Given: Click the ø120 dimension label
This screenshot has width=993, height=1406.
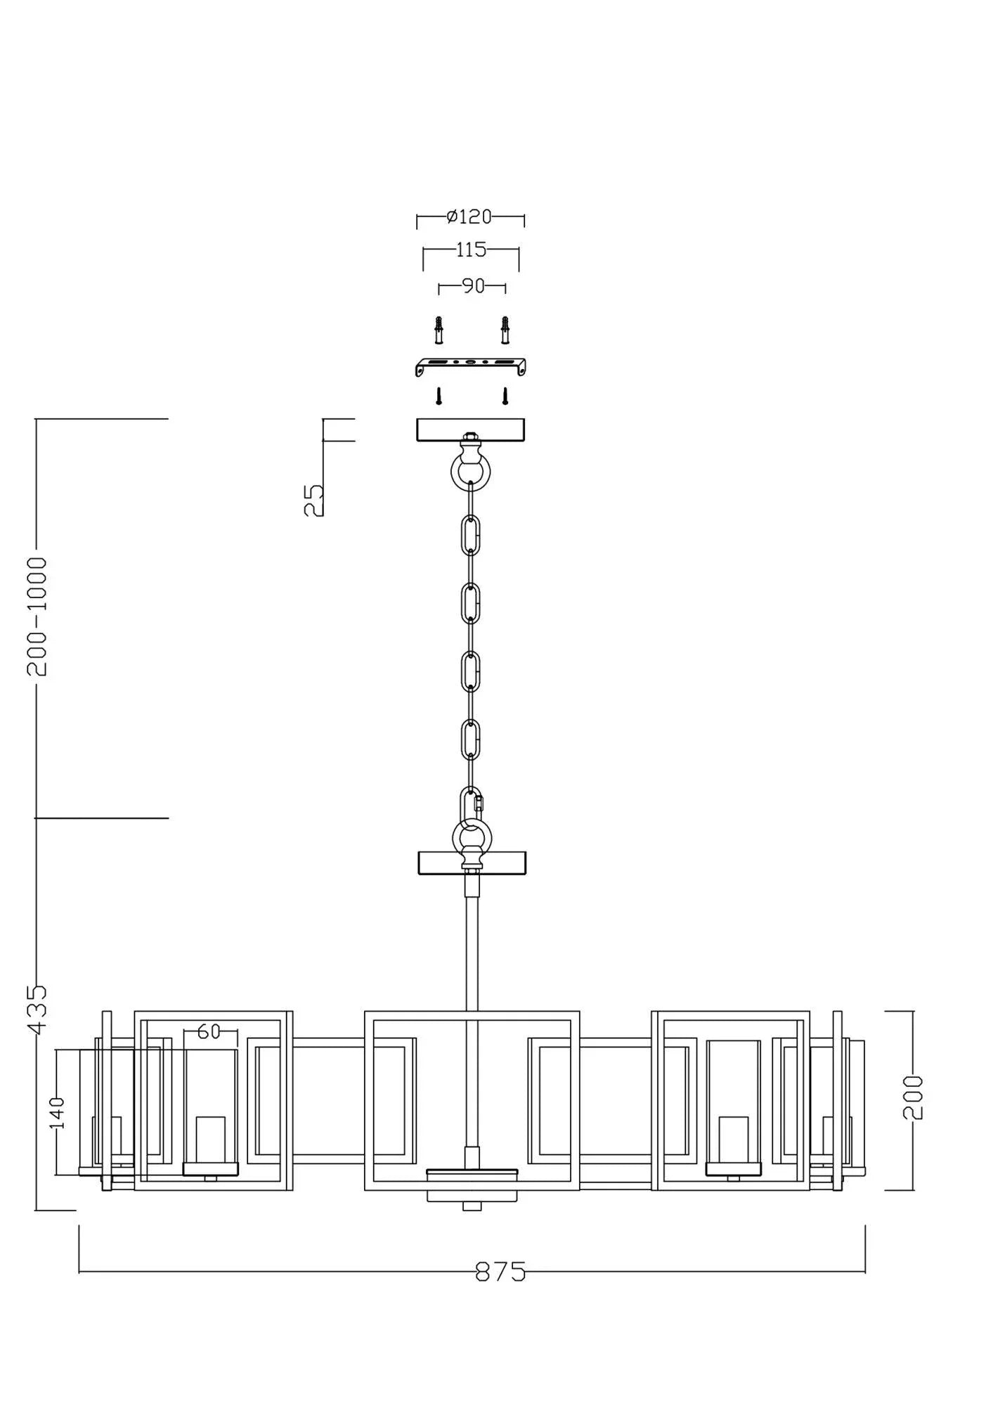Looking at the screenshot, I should [469, 217].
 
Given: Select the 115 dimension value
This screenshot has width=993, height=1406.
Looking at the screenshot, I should [471, 250].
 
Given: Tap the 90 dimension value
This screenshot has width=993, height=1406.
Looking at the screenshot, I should [473, 286].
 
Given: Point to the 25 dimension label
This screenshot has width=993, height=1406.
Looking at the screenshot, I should [314, 501].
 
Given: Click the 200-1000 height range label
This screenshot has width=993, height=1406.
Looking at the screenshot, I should [37, 617].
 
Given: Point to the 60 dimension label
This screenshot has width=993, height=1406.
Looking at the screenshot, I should [209, 1031].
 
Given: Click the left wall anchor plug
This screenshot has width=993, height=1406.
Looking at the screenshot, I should [439, 330].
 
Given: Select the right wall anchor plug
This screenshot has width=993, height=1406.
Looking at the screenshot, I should [505, 330].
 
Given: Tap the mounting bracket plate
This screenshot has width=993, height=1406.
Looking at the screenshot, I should [471, 366].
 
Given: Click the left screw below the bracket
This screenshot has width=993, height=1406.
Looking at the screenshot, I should [439, 396].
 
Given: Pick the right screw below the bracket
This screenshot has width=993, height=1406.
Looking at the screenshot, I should [505, 396].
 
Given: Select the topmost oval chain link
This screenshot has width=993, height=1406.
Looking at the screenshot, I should [471, 535].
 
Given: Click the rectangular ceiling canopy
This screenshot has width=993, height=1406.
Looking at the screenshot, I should [470, 430].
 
